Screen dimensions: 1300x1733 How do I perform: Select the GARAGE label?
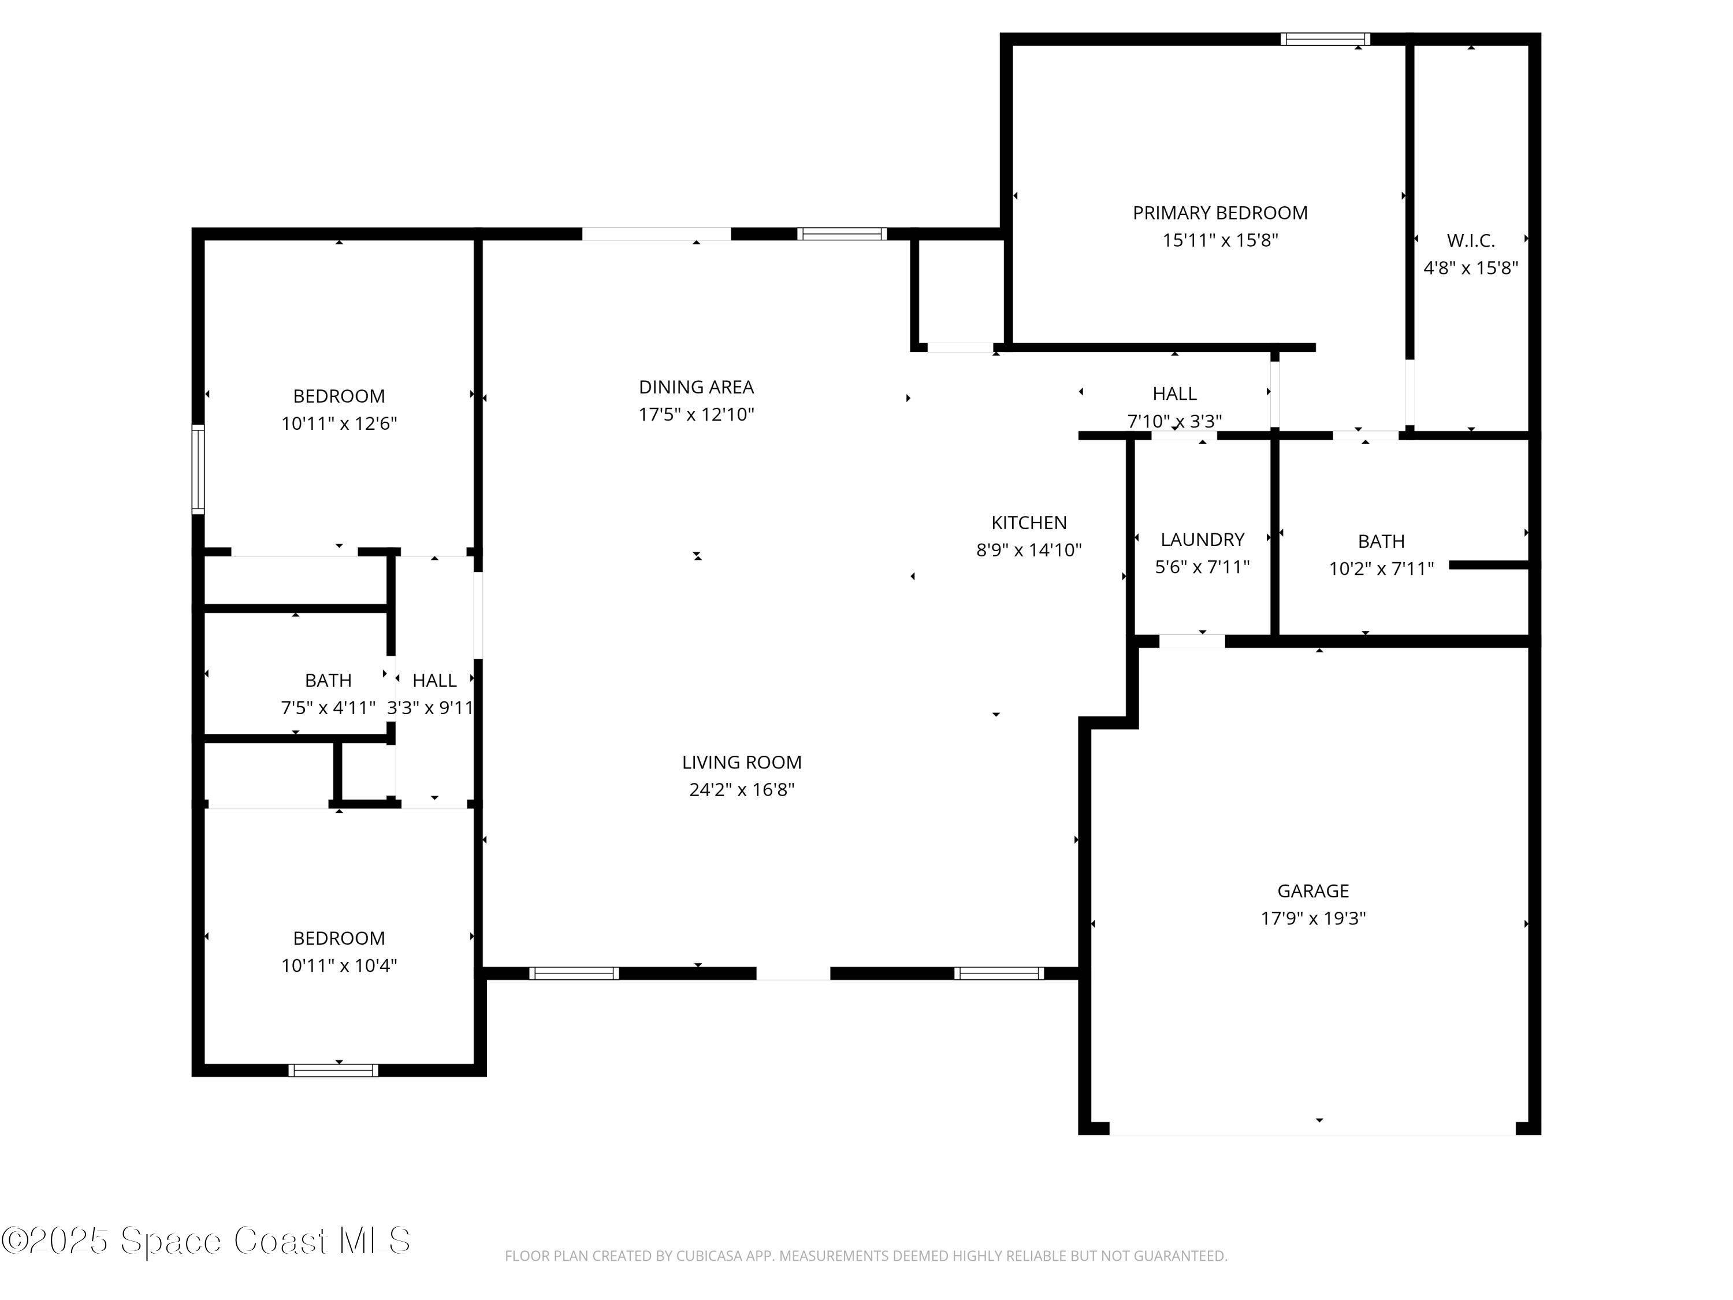1312,891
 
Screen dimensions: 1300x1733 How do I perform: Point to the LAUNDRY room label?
1202,540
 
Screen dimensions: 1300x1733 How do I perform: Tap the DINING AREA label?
696,387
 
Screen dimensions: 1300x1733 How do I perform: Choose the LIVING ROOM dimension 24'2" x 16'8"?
741,790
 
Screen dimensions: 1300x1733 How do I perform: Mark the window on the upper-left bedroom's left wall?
198,469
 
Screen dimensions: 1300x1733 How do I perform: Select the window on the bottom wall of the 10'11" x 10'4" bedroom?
333,1071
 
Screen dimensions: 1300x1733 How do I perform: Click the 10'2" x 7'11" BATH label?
1381,541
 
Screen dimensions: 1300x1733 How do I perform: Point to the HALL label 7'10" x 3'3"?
1174,393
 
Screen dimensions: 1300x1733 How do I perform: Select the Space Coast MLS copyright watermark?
205,1240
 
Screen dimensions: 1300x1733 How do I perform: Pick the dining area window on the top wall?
842,233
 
